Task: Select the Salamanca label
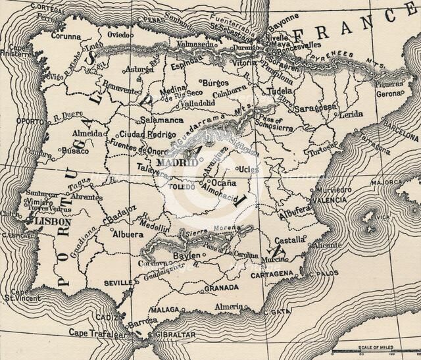162,120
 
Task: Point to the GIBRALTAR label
177,334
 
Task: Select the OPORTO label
25,121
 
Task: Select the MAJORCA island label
387,182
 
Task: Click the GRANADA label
222,288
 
